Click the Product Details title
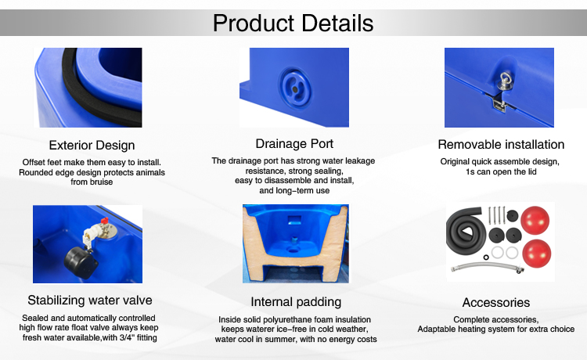point(293,23)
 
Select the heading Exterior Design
point(92,146)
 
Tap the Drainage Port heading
point(294,144)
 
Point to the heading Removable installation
point(501,145)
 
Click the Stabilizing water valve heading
point(90,300)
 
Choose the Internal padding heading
point(296,302)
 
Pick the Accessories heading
point(496,302)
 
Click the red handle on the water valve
point(104,221)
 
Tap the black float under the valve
point(80,262)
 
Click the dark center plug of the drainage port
point(294,90)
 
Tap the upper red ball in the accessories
point(535,220)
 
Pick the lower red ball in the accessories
point(536,254)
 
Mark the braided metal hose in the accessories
point(487,267)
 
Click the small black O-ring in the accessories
point(486,257)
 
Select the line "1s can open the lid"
point(501,171)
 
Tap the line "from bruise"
point(92,182)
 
